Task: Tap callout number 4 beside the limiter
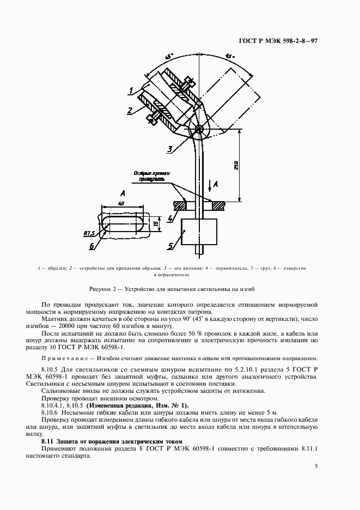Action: pos(171,219)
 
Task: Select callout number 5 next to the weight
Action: pos(170,246)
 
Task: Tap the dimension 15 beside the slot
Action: pos(155,223)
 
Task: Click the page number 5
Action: pos(316,466)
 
